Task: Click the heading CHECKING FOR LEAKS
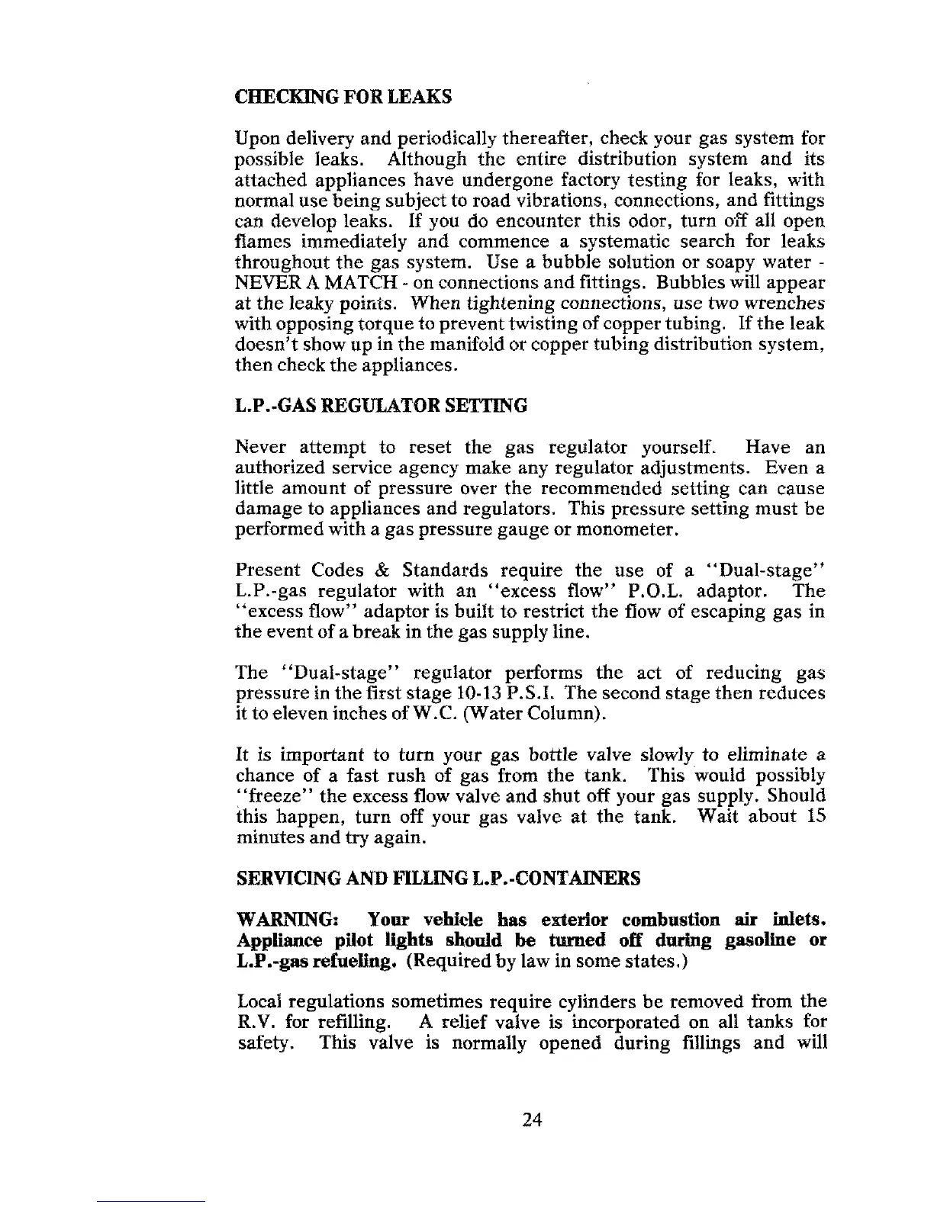(343, 98)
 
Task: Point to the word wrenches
(788, 304)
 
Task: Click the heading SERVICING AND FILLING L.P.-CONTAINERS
(437, 878)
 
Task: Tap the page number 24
(532, 1120)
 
